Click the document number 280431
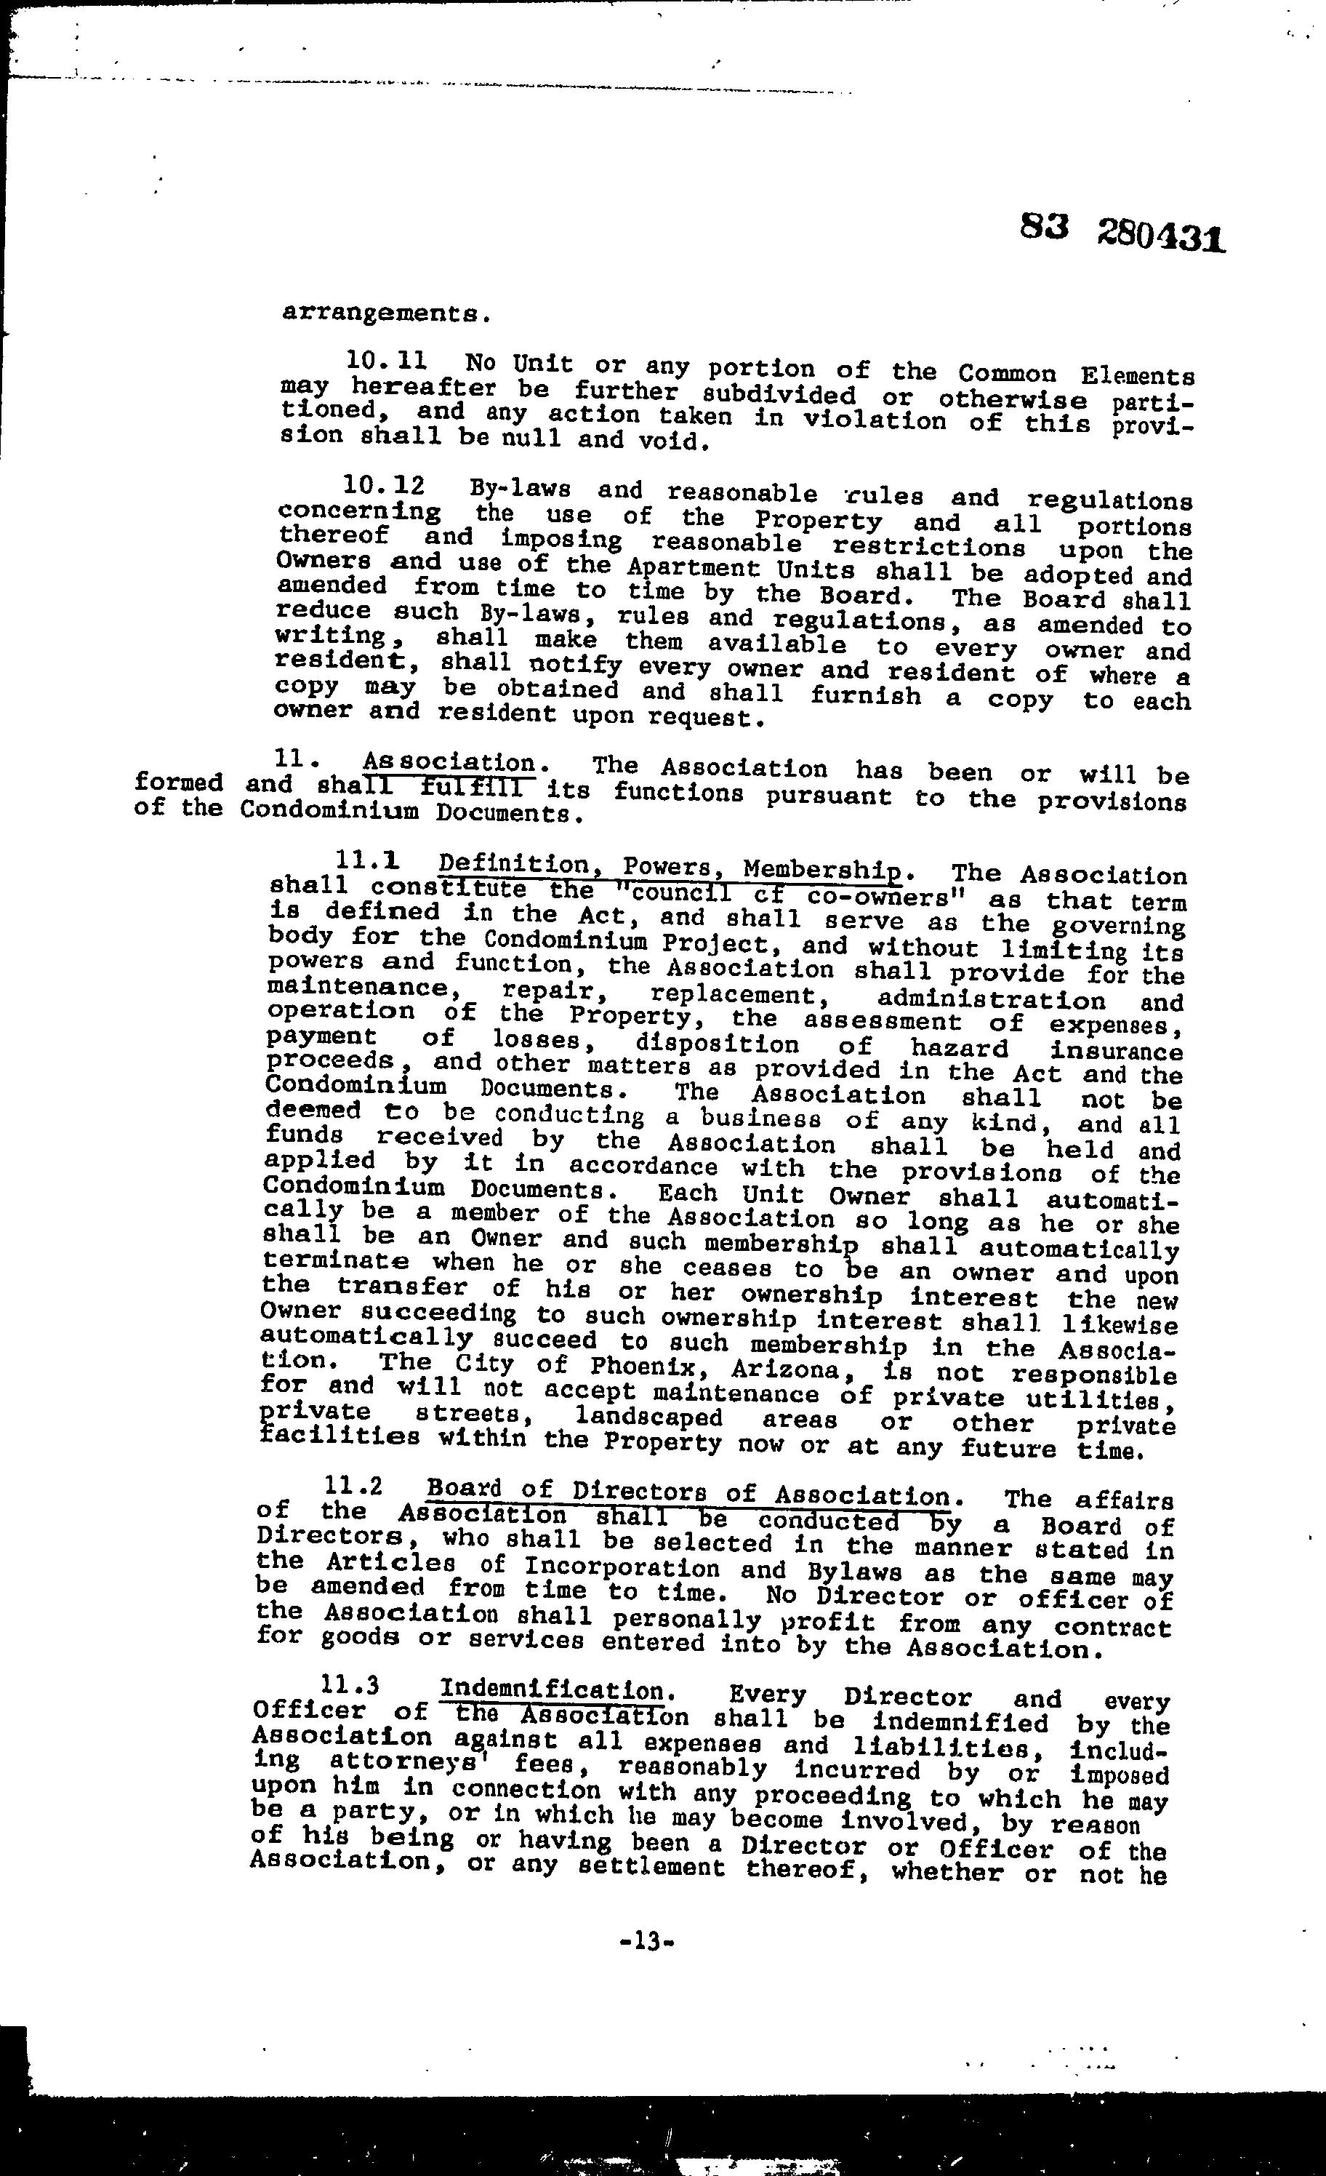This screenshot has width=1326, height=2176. (x=1161, y=236)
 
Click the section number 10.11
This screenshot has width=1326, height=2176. (x=386, y=360)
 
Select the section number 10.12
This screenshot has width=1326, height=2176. (x=384, y=486)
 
